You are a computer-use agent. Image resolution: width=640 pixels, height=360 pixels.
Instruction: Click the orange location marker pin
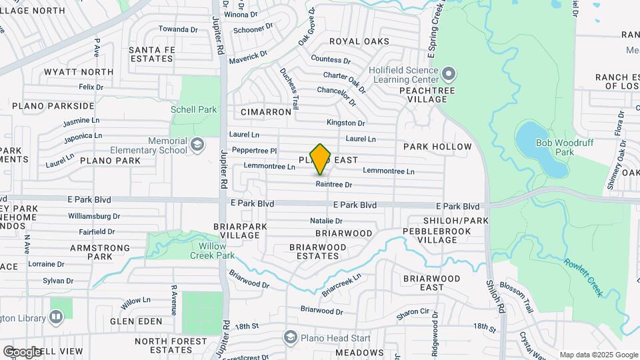(321, 159)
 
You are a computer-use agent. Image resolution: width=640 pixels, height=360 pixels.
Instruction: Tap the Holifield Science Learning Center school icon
(449, 73)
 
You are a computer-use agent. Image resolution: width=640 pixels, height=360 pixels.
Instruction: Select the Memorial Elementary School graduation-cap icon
(197, 144)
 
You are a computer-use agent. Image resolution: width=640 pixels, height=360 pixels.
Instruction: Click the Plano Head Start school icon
(290, 337)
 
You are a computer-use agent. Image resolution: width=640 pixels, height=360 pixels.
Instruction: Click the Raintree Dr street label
(333, 184)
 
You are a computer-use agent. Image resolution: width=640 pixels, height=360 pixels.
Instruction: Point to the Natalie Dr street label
(326, 221)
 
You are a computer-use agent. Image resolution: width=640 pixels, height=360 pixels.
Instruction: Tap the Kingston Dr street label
(345, 123)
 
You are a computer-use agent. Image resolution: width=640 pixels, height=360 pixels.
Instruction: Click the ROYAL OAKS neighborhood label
(359, 41)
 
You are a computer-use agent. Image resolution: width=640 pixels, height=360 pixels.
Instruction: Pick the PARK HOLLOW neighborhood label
(437, 146)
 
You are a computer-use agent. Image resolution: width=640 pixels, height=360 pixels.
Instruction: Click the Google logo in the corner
(22, 351)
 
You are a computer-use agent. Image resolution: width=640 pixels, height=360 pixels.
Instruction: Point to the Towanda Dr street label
(178, 29)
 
